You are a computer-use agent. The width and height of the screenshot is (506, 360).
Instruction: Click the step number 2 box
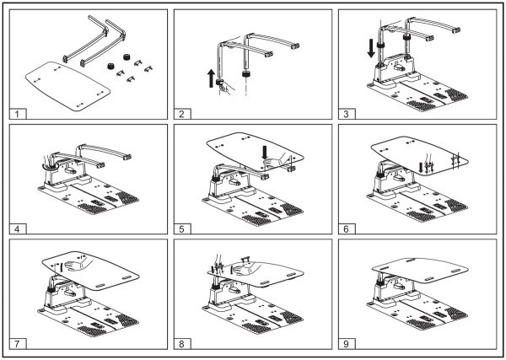coord(181,112)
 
